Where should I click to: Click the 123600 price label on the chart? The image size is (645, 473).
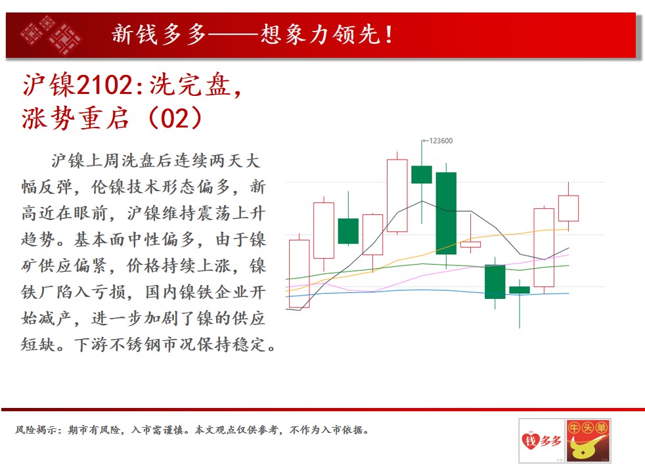441,141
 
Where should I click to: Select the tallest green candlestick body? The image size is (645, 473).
446,213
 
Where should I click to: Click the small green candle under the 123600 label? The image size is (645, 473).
422,174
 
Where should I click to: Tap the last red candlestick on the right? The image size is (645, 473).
569,208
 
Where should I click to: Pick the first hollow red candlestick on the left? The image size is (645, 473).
299,273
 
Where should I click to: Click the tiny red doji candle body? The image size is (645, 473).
470,245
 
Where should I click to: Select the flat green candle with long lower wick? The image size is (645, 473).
520,290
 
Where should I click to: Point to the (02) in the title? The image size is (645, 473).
175,118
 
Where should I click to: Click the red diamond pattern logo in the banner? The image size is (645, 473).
50,35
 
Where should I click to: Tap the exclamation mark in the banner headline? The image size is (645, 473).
389,35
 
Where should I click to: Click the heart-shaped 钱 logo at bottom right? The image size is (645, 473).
530,441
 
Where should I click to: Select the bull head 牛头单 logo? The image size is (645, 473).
588,441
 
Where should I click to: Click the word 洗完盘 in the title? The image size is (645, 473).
190,85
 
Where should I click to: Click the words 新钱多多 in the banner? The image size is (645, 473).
159,34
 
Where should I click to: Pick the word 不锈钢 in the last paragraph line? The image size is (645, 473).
135,344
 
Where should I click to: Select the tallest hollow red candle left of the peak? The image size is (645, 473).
397,195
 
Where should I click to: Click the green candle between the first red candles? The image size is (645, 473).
348,231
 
